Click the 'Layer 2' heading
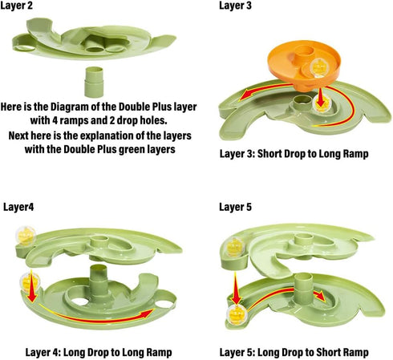[x=17, y=6]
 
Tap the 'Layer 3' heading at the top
[x=235, y=6]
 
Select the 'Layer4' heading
[x=18, y=207]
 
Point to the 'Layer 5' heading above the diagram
[x=235, y=207]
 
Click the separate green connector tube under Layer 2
[x=94, y=82]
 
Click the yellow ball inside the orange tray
[x=319, y=67]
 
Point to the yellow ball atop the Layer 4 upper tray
[x=26, y=236]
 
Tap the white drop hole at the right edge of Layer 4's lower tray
[x=164, y=304]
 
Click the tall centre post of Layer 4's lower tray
[x=99, y=278]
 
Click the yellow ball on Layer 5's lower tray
[x=237, y=314]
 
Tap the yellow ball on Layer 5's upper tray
[x=235, y=247]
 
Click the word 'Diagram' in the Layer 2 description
[x=70, y=107]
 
